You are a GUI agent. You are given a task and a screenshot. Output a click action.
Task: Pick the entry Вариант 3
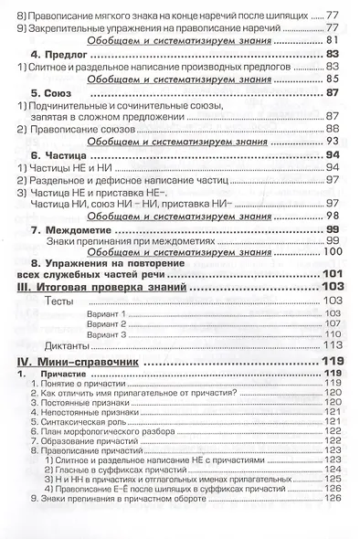click(x=107, y=334)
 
